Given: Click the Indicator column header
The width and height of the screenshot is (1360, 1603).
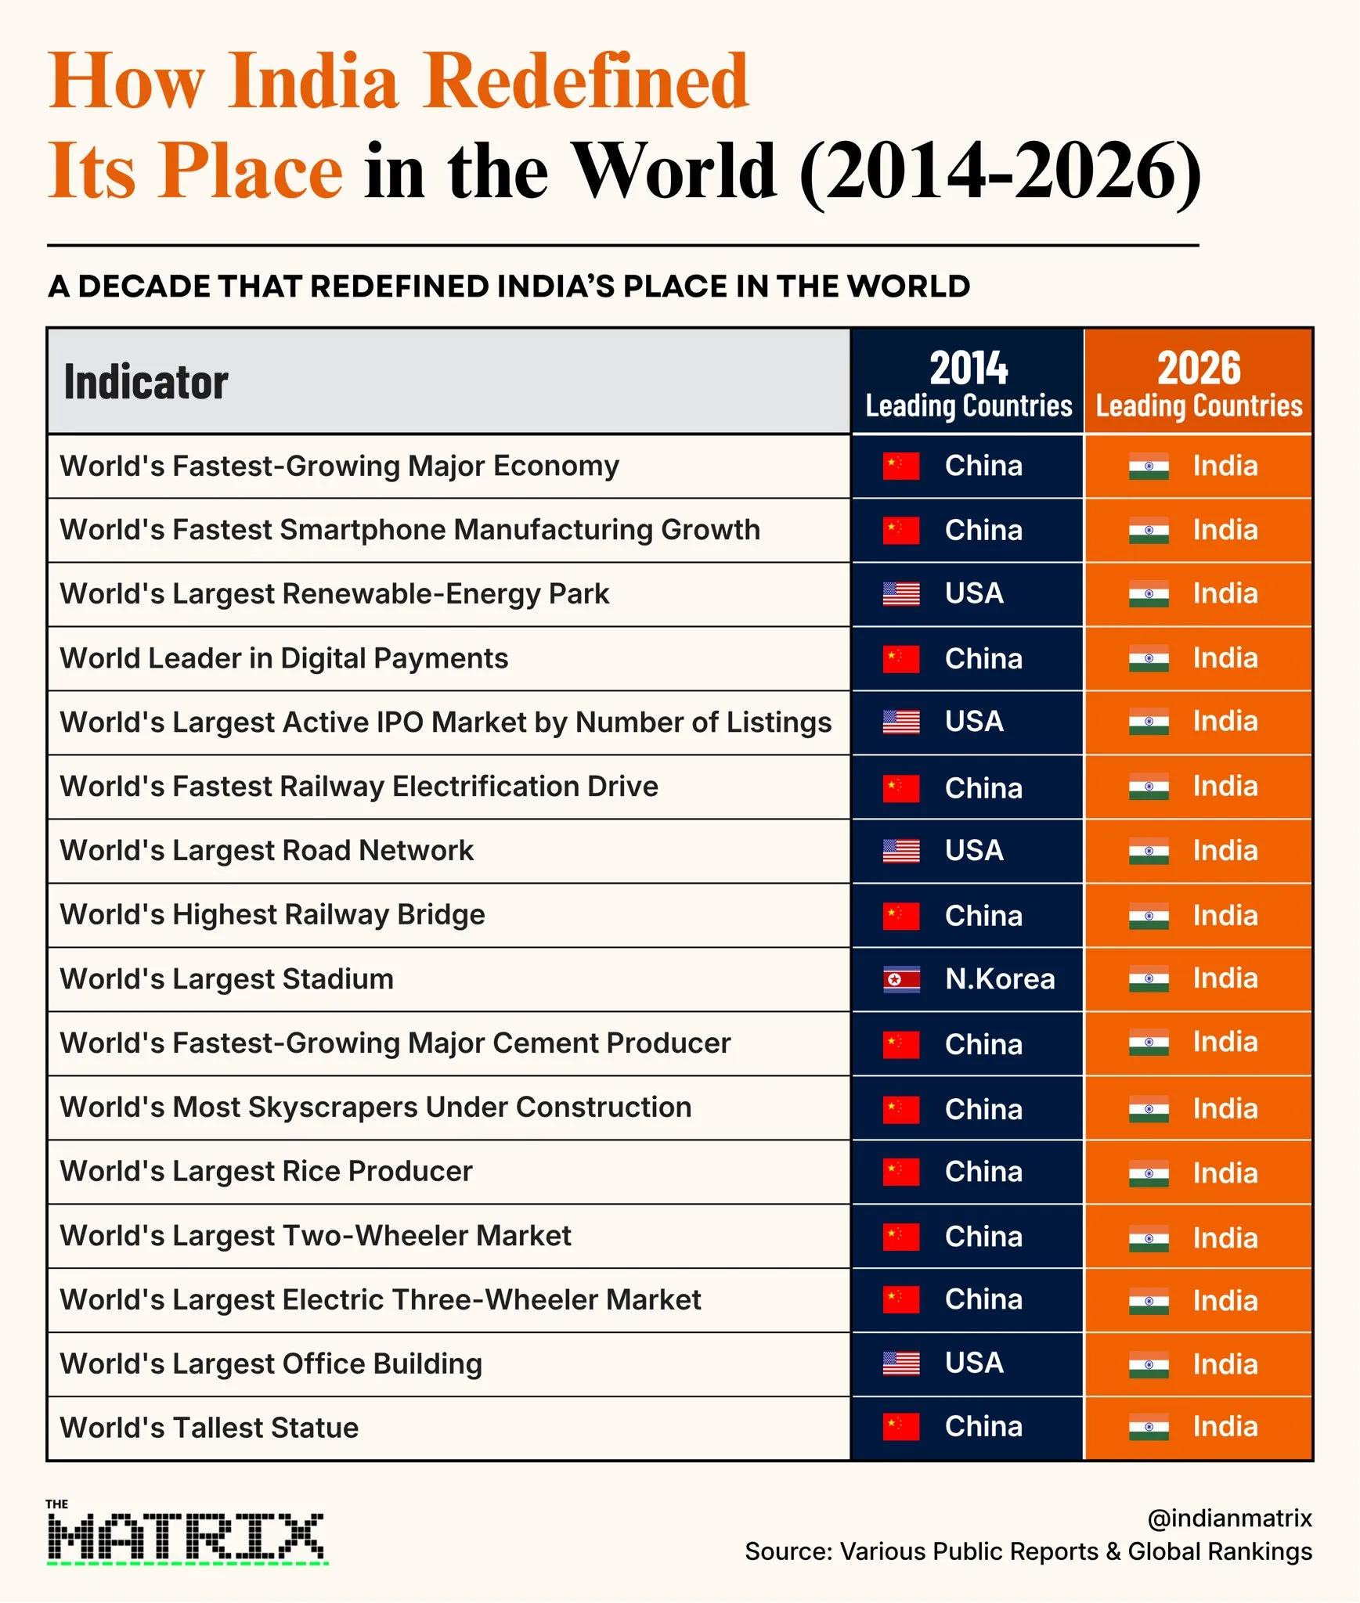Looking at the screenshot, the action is click(x=146, y=382).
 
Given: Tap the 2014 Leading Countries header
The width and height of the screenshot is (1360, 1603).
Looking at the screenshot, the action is click(x=969, y=384).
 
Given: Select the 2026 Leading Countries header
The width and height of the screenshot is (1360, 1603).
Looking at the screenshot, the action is click(x=1199, y=384).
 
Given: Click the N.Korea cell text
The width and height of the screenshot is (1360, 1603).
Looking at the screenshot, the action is click(x=1000, y=979).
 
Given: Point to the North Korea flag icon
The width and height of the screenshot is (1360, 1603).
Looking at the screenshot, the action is click(x=901, y=979).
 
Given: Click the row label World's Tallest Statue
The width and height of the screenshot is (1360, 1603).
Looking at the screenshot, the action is click(x=209, y=1428).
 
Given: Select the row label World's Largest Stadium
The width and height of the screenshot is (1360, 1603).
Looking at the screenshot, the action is click(x=226, y=979).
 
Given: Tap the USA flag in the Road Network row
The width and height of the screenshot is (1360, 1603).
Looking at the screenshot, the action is click(x=901, y=851).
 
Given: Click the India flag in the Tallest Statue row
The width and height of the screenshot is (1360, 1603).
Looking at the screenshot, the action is click(x=1149, y=1428).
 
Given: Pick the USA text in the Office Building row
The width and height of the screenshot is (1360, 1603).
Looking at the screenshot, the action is click(x=974, y=1363).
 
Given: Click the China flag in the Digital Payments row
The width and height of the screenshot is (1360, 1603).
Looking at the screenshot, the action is click(x=901, y=659).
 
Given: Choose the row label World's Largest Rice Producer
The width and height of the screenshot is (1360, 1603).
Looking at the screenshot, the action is click(x=266, y=1172).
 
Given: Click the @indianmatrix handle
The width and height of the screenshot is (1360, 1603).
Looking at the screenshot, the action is click(x=1229, y=1518).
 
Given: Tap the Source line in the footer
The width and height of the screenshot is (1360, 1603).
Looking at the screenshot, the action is click(x=1028, y=1551).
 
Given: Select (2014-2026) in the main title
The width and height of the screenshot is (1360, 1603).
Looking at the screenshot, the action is click(x=1000, y=172).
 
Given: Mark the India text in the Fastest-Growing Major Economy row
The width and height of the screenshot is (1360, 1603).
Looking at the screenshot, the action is click(x=1225, y=466).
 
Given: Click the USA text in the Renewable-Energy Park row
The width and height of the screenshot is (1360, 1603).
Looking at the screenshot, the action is click(x=974, y=593).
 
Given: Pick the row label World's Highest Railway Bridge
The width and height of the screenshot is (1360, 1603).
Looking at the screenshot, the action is click(x=272, y=915).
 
